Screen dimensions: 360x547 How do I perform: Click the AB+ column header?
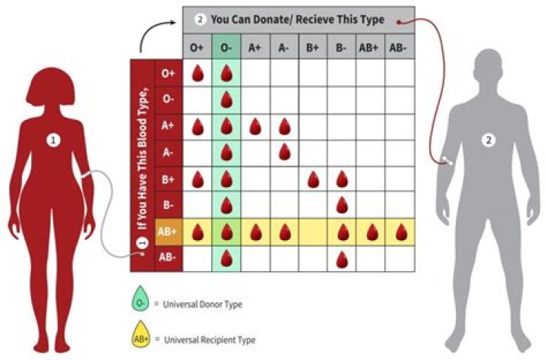tap(371, 47)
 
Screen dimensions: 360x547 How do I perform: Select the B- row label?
tap(168, 205)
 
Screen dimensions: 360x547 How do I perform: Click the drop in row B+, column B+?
tap(313, 179)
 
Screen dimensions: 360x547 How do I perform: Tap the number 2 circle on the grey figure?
tap(491, 140)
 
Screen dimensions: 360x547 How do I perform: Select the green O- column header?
tap(227, 47)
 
